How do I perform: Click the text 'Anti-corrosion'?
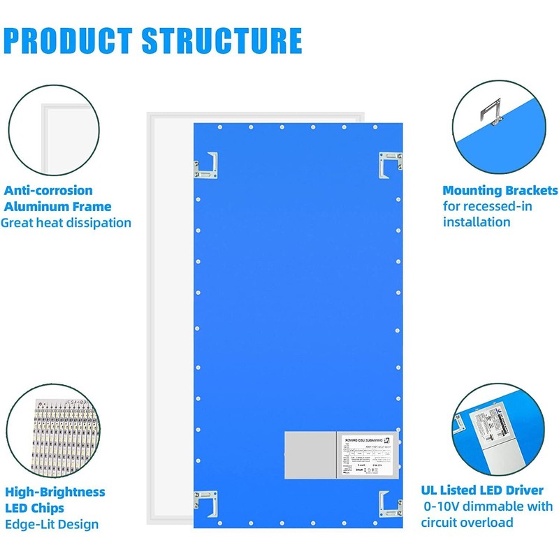tap(48, 190)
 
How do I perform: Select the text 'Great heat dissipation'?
tap(66, 223)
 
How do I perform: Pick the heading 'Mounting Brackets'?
tap(500, 190)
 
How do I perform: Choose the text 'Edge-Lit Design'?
tap(52, 524)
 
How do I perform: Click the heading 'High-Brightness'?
tap(55, 492)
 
